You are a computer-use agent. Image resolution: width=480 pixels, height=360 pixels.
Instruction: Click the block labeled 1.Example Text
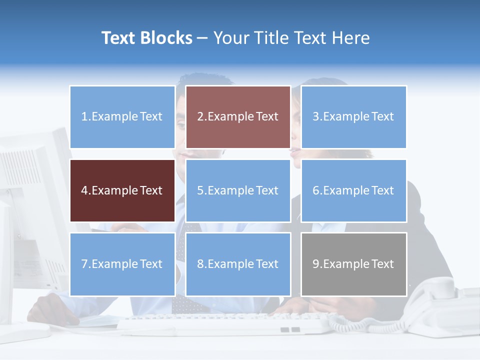click(x=122, y=117)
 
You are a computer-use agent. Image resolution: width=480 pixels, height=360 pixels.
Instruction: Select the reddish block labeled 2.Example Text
click(x=238, y=117)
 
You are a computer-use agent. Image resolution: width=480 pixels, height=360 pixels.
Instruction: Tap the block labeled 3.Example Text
click(x=353, y=117)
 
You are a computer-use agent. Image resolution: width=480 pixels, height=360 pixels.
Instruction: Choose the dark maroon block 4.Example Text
click(x=122, y=190)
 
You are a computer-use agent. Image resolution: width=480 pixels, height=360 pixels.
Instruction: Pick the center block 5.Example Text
click(x=238, y=190)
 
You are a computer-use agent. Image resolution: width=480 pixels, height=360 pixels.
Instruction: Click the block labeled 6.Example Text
click(x=353, y=190)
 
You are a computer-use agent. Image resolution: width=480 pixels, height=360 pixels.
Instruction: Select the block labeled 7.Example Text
click(x=122, y=264)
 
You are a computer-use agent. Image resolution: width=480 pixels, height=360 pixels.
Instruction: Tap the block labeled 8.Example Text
click(x=238, y=264)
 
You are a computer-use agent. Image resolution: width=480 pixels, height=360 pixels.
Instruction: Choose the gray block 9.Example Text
click(x=353, y=264)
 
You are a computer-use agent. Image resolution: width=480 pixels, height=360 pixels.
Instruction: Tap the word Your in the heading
click(x=230, y=38)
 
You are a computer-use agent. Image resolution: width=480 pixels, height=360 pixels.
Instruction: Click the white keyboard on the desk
click(x=225, y=323)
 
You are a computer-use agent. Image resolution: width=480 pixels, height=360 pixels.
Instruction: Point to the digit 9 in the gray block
click(x=316, y=264)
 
